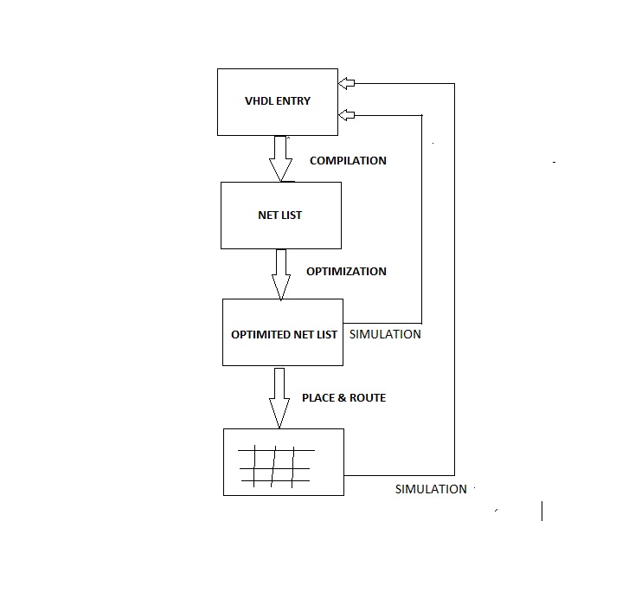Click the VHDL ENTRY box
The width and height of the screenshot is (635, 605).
point(277,102)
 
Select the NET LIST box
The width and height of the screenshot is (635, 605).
point(280,215)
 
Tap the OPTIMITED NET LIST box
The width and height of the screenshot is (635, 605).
point(282,333)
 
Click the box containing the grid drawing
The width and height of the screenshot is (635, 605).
point(283,462)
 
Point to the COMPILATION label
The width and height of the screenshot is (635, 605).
point(348,161)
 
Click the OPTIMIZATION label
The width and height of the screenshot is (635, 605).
point(346,272)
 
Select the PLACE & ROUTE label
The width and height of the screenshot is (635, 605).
point(343,398)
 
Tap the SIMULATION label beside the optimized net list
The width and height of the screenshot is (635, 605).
point(384,334)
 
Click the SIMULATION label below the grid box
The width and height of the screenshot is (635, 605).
point(431,489)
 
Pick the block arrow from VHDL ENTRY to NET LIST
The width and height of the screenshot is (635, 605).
point(280,158)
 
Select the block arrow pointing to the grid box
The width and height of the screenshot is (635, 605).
point(279,397)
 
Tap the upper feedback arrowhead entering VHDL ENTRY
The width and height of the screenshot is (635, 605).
point(346,83)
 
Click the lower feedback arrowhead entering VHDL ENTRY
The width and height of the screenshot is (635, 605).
point(346,115)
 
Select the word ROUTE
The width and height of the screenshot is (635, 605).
point(367,398)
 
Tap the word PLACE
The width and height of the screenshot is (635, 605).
point(317,398)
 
